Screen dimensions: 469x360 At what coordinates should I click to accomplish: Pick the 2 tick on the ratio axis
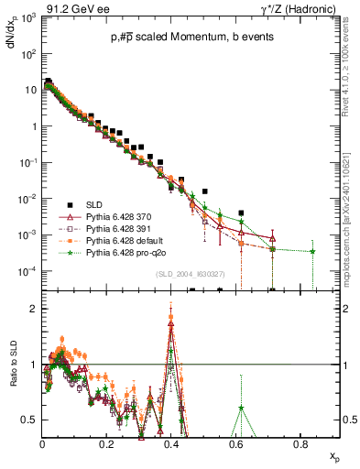33,309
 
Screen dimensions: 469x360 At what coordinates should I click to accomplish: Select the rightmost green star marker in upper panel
312,251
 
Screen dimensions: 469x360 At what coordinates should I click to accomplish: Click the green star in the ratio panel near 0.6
241,408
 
